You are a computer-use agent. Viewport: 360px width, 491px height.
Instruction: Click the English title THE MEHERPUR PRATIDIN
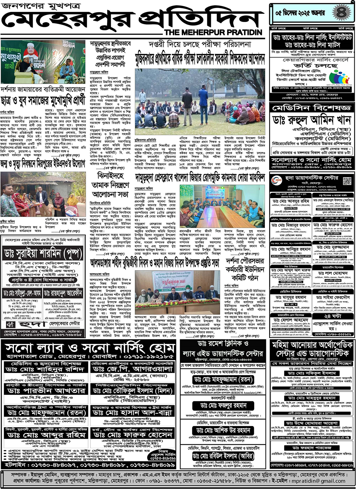[x=214, y=32]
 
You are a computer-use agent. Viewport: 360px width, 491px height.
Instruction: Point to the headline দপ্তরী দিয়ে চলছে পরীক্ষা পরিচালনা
[x=200, y=44]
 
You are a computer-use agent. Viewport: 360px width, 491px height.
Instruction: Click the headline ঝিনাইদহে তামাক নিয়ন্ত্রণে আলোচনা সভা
[x=110, y=185]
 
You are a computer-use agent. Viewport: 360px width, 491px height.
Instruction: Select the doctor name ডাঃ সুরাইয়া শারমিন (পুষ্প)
[x=43, y=254]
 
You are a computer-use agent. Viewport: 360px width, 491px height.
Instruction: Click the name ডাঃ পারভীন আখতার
[x=46, y=391]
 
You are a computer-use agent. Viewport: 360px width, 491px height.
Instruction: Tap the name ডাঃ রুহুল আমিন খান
[x=311, y=120]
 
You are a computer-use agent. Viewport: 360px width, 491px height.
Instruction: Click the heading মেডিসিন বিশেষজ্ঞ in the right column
[x=311, y=108]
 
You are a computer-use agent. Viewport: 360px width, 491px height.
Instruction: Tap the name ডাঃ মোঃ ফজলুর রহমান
[x=223, y=405]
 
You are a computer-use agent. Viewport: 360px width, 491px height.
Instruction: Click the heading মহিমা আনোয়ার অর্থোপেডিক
[x=312, y=345]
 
